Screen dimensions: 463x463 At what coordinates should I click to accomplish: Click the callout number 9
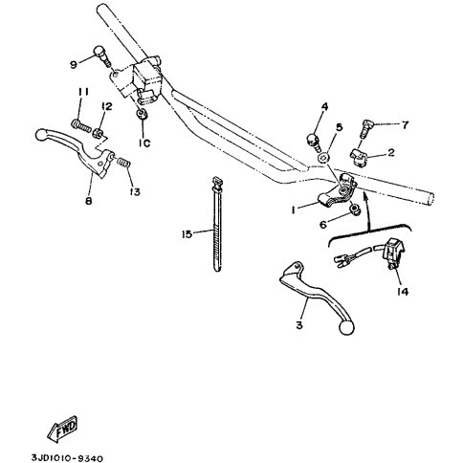coord(74,65)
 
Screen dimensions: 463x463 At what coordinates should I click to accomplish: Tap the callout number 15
coord(187,234)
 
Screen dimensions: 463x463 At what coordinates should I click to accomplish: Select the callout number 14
coord(403,291)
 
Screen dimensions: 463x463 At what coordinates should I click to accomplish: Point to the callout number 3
coord(299,325)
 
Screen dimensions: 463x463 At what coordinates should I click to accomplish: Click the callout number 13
coord(135,192)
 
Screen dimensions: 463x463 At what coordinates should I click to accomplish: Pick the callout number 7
coord(405,125)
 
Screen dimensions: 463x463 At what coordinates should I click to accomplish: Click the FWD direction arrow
coord(62,429)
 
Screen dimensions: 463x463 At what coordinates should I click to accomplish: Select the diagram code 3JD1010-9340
coord(67,458)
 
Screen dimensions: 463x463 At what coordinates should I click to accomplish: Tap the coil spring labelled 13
coord(123,162)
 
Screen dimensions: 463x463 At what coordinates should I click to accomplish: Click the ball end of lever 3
coord(346,327)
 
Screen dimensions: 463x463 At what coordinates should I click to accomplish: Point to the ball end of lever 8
coord(41,135)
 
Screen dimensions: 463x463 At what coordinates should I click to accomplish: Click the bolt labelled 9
coord(102,57)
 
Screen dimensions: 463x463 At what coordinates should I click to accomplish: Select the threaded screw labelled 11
coord(81,125)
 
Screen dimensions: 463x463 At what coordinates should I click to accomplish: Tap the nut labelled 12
coord(99,132)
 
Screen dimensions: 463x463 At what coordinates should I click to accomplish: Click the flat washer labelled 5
coord(322,158)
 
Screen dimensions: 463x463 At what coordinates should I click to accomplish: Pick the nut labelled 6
coord(354,209)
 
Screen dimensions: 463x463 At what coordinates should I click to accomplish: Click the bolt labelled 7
coord(366,128)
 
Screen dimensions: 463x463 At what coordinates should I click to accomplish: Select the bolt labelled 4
coord(314,143)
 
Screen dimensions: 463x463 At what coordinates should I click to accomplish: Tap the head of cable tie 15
coord(217,184)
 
